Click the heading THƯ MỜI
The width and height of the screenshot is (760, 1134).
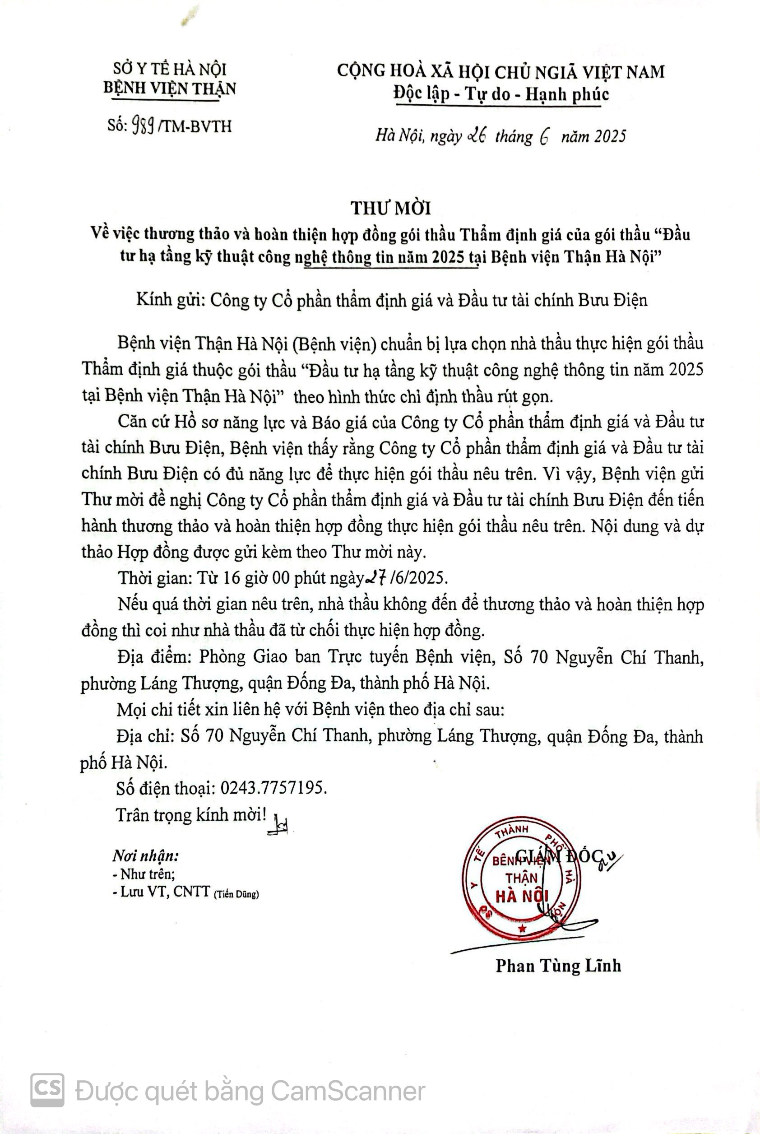click(391, 208)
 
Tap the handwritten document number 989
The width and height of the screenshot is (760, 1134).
click(143, 126)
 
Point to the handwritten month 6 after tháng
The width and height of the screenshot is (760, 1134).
click(543, 137)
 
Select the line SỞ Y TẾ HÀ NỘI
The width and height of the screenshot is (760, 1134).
click(170, 69)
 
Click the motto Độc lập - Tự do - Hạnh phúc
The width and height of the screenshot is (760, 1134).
click(500, 94)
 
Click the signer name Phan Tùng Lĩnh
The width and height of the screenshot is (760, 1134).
click(558, 966)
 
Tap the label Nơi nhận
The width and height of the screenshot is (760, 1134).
click(145, 856)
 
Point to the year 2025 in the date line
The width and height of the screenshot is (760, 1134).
click(610, 137)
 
